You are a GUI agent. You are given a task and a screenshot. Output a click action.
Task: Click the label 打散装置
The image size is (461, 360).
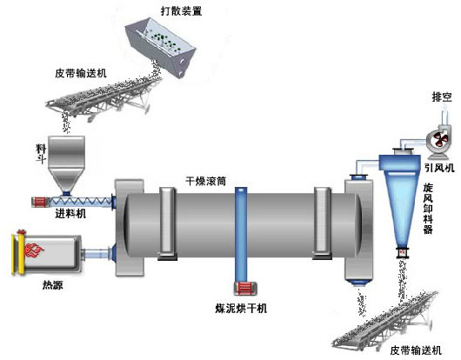point(182,11)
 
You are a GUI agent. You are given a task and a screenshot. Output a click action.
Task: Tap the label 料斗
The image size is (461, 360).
point(41,154)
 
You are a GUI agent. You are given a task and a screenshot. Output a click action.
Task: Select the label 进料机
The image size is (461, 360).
point(70,214)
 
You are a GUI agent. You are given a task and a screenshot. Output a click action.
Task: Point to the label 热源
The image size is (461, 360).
point(53,284)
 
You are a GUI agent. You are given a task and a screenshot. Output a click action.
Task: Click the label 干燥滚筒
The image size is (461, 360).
point(206,181)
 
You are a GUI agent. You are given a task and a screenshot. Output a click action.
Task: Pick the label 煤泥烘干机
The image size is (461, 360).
point(241,309)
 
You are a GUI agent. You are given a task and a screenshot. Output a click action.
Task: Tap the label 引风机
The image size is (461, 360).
point(439,168)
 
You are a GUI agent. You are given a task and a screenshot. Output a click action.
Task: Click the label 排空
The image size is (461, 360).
point(442,97)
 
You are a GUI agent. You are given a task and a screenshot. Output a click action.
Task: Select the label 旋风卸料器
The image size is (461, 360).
point(428,209)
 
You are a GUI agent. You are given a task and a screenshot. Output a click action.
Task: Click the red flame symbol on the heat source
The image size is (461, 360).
point(35,250)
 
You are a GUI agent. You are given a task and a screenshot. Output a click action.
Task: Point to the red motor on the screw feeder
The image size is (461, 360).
point(40,202)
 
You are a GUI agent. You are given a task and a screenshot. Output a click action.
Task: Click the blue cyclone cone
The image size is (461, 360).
point(401,203)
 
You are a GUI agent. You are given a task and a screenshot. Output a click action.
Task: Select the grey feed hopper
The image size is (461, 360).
point(67,164)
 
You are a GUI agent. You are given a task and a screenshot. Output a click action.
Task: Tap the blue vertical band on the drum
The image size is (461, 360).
point(241,235)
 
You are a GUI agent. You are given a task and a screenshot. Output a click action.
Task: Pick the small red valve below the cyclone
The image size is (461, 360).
point(402,253)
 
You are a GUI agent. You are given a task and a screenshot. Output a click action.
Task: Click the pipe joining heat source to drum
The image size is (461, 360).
point(97,254)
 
